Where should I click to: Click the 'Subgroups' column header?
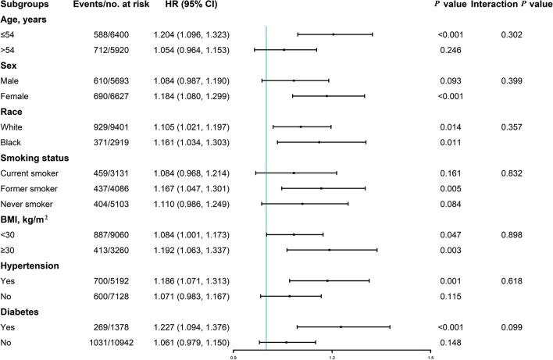pyautogui.click(x=25, y=8)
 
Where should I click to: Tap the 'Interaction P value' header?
pyautogui.click(x=512, y=8)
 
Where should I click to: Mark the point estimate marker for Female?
pyautogui.click(x=326, y=96)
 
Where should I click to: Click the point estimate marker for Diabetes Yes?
pyautogui.click(x=341, y=327)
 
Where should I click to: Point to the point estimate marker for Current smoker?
pyautogui.click(x=294, y=173)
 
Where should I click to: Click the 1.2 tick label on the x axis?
pyautogui.click(x=332, y=356)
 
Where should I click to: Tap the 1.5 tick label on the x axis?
pyautogui.click(x=430, y=356)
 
